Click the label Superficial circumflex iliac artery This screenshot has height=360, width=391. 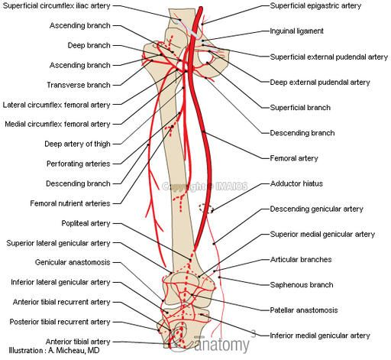(57, 5)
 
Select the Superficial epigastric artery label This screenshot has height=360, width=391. (315, 5)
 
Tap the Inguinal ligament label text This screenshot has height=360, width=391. (296, 31)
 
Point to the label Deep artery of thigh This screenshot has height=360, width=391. (77, 144)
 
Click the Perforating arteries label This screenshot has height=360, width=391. (78, 164)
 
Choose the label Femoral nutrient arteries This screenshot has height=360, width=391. (70, 203)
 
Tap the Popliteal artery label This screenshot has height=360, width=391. (86, 223)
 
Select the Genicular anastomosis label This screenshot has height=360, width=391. (73, 262)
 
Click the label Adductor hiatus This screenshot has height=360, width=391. (296, 183)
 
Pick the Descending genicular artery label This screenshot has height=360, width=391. (316, 209)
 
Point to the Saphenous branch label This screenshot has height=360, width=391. (302, 284)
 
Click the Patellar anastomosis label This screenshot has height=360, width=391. (304, 310)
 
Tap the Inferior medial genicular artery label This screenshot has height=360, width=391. (320, 336)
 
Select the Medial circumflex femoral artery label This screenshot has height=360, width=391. (57, 124)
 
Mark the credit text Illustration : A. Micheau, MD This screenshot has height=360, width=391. (54, 351)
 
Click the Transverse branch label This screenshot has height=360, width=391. (79, 85)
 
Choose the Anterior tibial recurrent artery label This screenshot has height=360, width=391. (61, 302)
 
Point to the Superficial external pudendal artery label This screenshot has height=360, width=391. (329, 57)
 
